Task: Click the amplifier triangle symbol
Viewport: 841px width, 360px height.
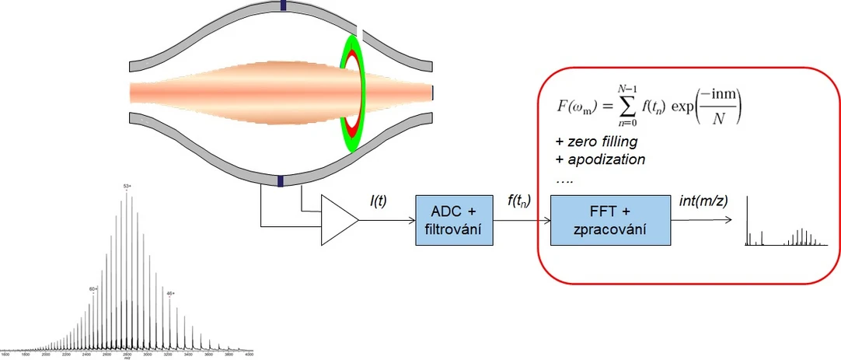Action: click(337, 221)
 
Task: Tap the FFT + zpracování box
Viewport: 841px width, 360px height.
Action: click(609, 221)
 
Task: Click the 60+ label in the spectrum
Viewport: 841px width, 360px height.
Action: click(92, 289)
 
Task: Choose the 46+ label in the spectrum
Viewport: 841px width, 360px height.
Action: click(170, 293)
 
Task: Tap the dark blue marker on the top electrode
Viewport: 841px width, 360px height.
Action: click(284, 5)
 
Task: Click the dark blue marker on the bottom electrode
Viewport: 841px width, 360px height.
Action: click(281, 180)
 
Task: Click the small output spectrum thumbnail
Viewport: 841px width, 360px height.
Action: click(785, 225)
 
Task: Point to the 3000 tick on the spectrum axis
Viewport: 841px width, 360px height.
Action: click(148, 354)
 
